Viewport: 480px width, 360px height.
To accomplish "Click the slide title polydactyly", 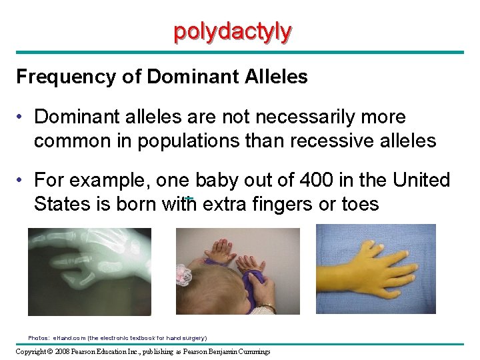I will click(x=232, y=31).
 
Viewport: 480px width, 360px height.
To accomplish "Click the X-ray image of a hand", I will click(x=89, y=271).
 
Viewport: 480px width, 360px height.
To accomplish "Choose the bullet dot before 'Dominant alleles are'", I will click(x=22, y=118).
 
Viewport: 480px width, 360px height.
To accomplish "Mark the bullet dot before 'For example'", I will click(x=22, y=181).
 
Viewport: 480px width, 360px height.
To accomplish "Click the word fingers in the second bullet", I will click(x=285, y=204).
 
